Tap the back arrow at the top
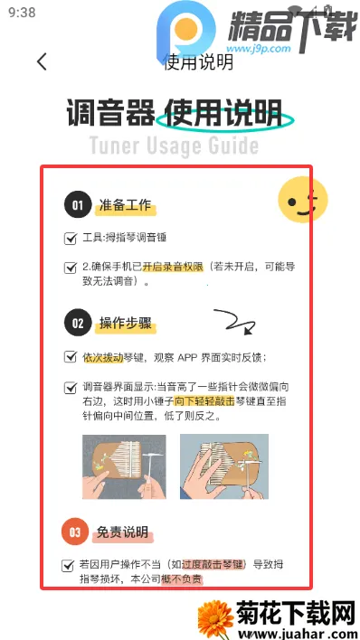pyautogui.click(x=42, y=61)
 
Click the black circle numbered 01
pyautogui.click(x=77, y=205)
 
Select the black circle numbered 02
pyautogui.click(x=77, y=324)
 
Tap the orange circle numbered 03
pyautogui.click(x=75, y=532)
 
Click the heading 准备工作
pyautogui.click(x=125, y=205)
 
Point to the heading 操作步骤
pyautogui.click(x=126, y=324)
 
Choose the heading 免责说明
pyautogui.click(x=122, y=532)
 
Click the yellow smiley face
pyautogui.click(x=303, y=200)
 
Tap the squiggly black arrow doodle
pyautogui.click(x=234, y=321)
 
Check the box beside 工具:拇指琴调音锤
pyautogui.click(x=71, y=238)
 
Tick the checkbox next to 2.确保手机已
pyautogui.click(x=71, y=268)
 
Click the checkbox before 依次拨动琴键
pyautogui.click(x=71, y=357)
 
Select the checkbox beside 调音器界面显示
pyautogui.click(x=71, y=388)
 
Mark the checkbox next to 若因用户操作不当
pyautogui.click(x=67, y=566)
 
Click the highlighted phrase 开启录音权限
pyautogui.click(x=173, y=267)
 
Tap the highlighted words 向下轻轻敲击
pyautogui.click(x=204, y=401)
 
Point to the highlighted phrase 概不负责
pyautogui.click(x=182, y=579)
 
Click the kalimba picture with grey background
pyautogui.click(x=124, y=466)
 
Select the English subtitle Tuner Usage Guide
pyautogui.click(x=174, y=146)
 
